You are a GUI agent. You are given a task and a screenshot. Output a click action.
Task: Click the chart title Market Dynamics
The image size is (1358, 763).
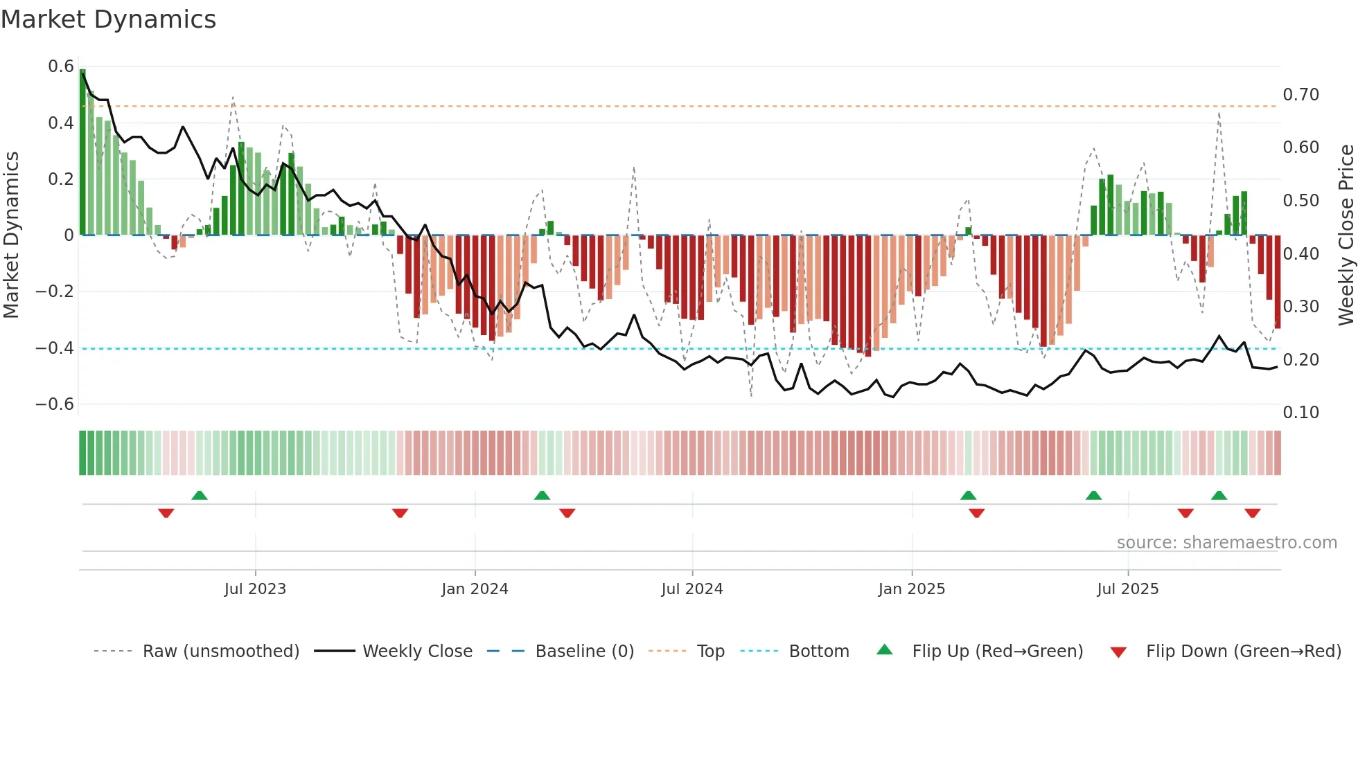point(109,19)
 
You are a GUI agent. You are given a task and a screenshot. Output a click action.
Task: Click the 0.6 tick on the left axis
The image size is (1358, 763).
point(61,66)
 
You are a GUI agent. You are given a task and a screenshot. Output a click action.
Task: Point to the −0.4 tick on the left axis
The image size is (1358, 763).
point(55,348)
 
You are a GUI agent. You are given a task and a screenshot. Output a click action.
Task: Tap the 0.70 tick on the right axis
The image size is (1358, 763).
point(1300,95)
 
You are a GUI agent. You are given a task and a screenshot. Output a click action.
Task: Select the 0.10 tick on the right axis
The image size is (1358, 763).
point(1300,413)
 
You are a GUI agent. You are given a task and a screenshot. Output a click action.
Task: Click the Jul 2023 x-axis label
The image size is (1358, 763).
point(255,589)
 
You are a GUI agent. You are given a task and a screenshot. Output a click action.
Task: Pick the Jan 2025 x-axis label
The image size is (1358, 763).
point(911,589)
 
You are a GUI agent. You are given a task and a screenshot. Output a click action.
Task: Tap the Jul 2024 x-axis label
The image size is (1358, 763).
point(691,589)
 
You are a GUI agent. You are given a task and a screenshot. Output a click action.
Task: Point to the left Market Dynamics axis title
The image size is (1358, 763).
point(12,235)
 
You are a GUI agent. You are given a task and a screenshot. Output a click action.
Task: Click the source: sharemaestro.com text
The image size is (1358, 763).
point(1226,543)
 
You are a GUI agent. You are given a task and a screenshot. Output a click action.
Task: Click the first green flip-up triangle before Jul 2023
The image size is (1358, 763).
point(200,495)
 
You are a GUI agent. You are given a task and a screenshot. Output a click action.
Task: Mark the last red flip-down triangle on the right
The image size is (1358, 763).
point(1252,513)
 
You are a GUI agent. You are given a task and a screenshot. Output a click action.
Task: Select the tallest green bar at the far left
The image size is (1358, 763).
point(83,152)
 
